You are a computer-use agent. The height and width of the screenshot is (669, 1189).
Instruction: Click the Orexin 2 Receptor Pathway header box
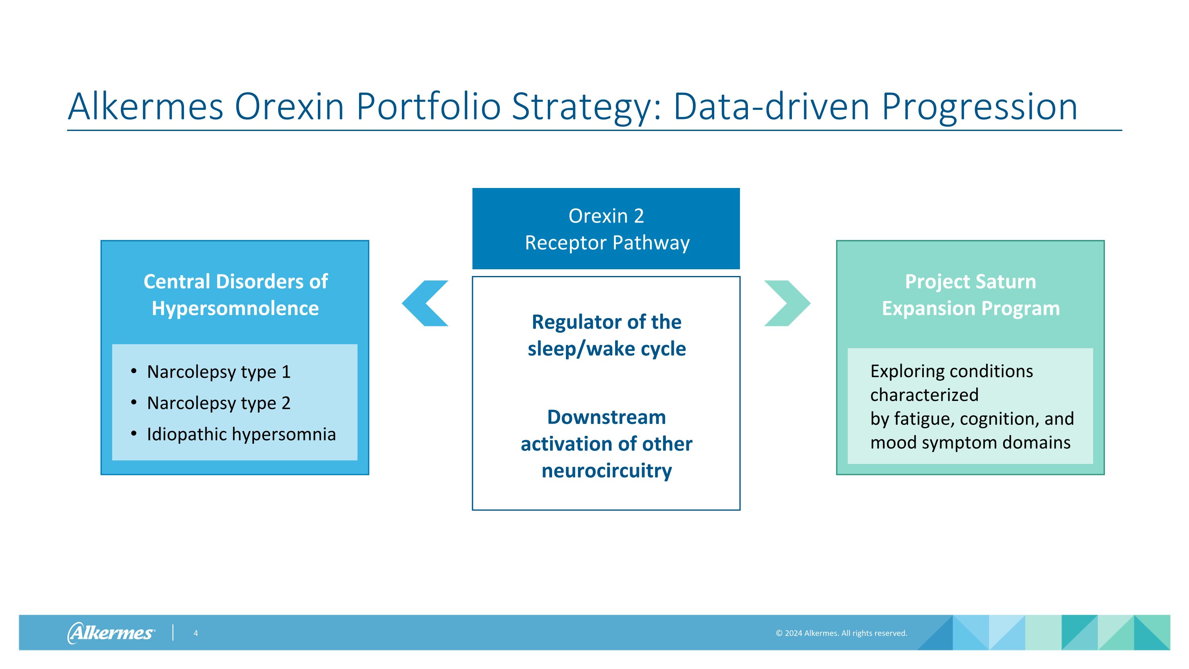[x=606, y=228]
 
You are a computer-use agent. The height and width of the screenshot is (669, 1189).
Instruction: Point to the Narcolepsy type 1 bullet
[x=218, y=372]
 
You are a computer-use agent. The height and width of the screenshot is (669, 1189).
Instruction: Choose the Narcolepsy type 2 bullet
[x=218, y=403]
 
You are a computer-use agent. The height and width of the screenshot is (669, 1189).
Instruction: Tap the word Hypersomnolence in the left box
[x=235, y=309]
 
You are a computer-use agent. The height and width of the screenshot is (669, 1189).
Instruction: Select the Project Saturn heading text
[x=970, y=282]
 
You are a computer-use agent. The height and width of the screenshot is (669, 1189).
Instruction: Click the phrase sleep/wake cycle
[x=606, y=349]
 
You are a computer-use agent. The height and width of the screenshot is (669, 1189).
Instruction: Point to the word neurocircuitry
[x=606, y=471]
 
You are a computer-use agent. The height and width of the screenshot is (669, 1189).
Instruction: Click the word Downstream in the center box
[x=606, y=417]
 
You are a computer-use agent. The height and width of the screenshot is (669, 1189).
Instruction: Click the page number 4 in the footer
[x=196, y=633]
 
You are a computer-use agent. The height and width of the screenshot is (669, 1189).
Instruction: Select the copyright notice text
[x=841, y=633]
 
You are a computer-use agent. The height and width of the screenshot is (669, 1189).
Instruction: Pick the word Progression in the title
[x=979, y=107]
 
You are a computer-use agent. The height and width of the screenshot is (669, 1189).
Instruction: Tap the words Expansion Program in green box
[x=970, y=309]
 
